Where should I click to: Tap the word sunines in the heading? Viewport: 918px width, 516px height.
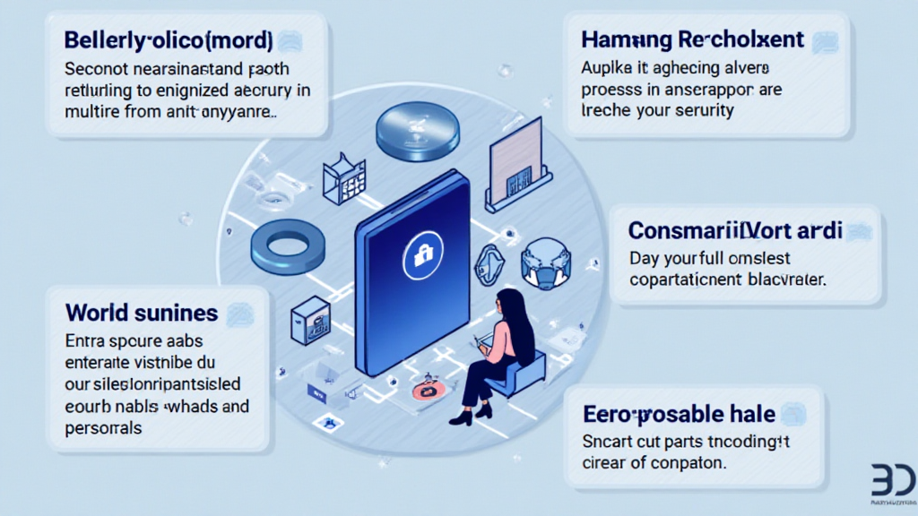pos(177,313)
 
